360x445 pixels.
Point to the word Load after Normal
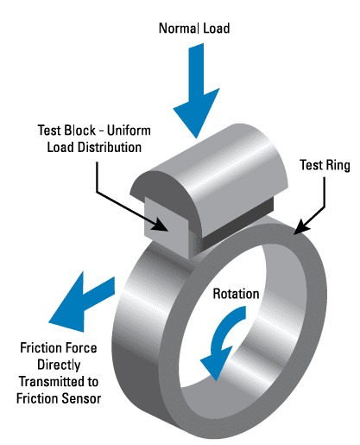(215, 28)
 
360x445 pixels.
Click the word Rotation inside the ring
(236, 294)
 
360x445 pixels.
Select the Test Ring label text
(325, 165)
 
